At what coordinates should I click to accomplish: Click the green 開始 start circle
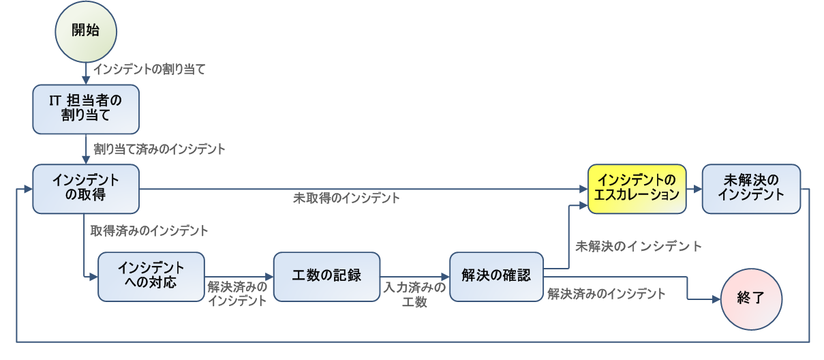[x=86, y=31]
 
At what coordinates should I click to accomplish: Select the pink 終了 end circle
[x=751, y=299]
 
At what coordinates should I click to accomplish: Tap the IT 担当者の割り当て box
[x=86, y=108]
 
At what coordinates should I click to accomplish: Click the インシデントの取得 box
[x=86, y=188]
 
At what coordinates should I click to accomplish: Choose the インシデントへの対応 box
[x=151, y=276]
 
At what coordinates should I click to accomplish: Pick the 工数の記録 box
[x=326, y=276]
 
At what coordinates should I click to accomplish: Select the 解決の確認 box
[x=495, y=276]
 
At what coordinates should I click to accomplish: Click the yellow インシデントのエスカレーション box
[x=637, y=188]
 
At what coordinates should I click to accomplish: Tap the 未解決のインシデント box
[x=751, y=188]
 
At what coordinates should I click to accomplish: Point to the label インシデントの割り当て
[x=149, y=69]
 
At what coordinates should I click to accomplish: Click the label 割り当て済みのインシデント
[x=159, y=148]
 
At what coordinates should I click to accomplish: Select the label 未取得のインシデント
[x=346, y=198]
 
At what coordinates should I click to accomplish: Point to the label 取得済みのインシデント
[x=149, y=230]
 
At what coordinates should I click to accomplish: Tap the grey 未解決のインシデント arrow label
[x=639, y=245]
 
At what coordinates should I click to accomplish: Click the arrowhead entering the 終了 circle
[x=716, y=299]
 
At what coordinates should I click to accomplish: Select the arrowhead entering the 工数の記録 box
[x=269, y=276]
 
